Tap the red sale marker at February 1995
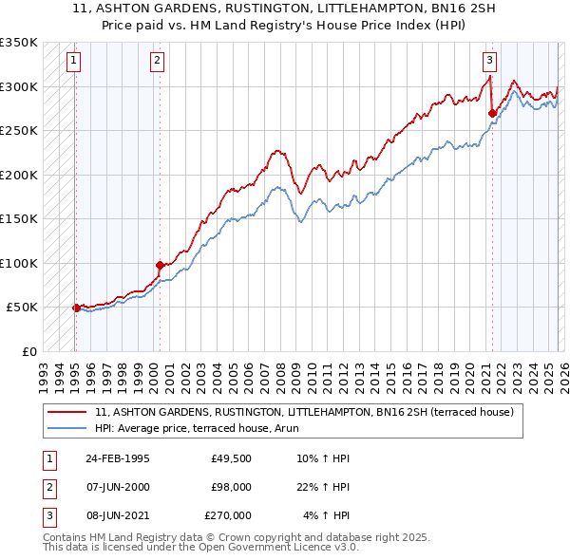click(x=76, y=308)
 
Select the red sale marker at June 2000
click(x=160, y=265)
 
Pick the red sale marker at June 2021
click(x=492, y=113)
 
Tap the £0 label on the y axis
click(x=28, y=351)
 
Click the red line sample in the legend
click(x=68, y=412)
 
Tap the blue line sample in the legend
click(x=68, y=428)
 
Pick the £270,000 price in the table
click(x=228, y=515)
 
